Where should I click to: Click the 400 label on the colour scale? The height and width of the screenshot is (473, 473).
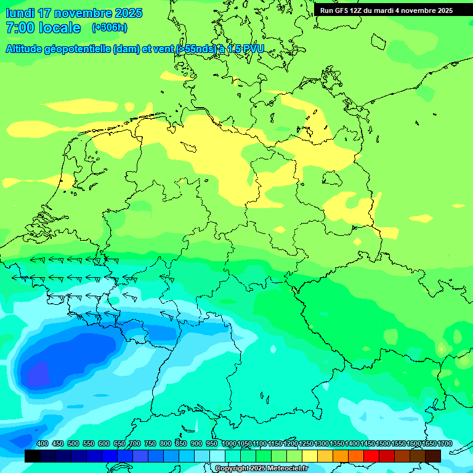42,443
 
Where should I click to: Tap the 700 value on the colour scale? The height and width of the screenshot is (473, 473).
135,443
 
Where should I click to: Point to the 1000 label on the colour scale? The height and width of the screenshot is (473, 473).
228,443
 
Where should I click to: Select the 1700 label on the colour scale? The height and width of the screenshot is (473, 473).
445,443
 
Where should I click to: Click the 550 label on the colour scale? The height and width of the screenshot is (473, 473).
89,443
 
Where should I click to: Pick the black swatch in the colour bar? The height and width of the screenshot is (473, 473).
33,456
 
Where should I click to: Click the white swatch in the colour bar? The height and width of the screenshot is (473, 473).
217,456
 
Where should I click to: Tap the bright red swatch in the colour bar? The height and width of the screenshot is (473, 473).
371,456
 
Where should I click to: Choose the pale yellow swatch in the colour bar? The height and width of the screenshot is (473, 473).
310,456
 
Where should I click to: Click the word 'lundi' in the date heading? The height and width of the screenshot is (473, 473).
20,13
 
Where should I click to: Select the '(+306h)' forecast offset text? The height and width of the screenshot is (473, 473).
109,28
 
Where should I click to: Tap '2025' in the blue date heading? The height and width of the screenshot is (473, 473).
123,13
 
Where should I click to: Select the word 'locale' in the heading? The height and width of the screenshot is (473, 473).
60,28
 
